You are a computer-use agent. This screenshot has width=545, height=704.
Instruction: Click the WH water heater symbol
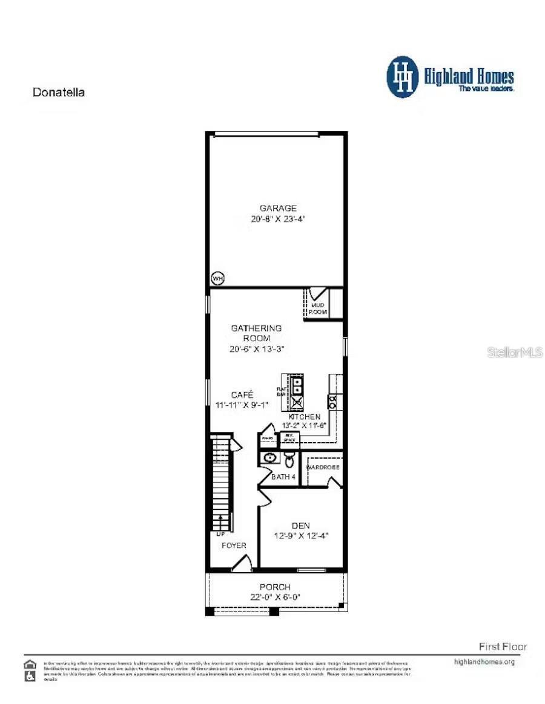click(x=217, y=278)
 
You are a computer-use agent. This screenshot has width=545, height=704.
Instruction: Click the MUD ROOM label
click(x=319, y=309)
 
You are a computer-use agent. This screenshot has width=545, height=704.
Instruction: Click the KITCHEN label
click(x=304, y=417)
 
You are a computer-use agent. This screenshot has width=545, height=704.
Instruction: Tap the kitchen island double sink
click(x=297, y=384)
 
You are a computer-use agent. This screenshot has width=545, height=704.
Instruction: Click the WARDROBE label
click(x=323, y=468)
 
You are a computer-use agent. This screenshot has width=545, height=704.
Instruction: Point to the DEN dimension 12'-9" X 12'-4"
click(x=302, y=536)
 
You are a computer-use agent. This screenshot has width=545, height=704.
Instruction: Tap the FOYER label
click(x=234, y=546)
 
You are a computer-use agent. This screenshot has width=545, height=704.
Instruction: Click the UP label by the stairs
click(x=220, y=535)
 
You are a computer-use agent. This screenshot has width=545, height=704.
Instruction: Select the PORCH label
click(x=275, y=587)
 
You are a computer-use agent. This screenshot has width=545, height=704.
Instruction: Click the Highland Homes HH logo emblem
click(x=403, y=77)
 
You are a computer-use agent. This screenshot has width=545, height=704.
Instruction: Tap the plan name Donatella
click(x=58, y=93)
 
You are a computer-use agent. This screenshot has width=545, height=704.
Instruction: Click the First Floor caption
click(x=503, y=647)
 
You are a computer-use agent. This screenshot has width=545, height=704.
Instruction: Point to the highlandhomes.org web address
click(x=484, y=662)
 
